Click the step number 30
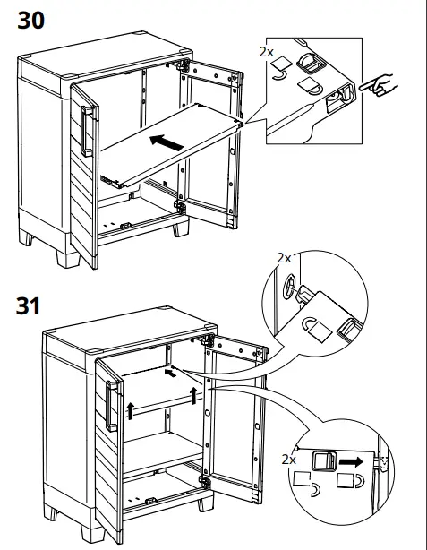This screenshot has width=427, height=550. pos(30,21)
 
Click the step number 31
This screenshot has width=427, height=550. pos(28,306)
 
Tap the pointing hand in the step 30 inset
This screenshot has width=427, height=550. pos(379,85)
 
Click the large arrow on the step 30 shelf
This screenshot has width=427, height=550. pos(167,142)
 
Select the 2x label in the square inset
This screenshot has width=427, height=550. pos(267,52)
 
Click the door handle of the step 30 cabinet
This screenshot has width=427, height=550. pos(86,131)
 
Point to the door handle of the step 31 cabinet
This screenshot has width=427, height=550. pos(112,406)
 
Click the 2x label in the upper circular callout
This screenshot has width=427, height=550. pos(284,258)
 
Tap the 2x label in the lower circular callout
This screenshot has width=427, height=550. pos(288,460)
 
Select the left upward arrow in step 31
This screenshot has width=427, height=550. pos(131,411)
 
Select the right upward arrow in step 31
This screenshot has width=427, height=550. pos(193,396)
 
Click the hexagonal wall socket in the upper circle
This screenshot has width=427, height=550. pos(290,286)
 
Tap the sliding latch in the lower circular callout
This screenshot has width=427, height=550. pos(324,460)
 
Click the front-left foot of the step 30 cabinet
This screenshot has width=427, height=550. pos(68,259)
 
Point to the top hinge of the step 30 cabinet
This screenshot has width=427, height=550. pos(184,66)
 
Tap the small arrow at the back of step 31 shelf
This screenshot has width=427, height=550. pos(170,373)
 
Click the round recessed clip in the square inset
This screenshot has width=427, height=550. pos(312,64)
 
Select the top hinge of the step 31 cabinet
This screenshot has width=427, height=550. pos(209,340)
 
